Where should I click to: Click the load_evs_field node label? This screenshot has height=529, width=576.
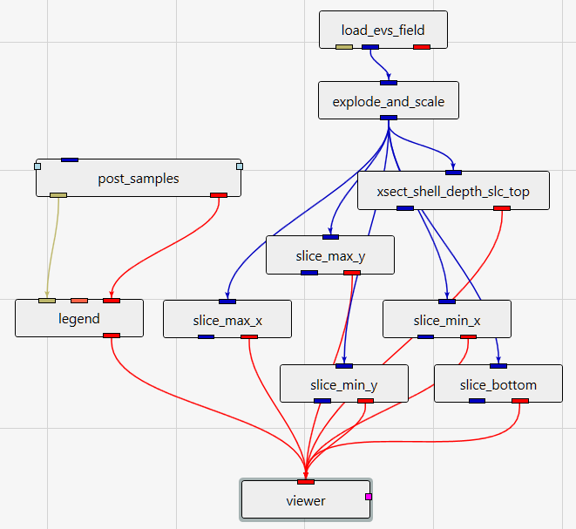(x=383, y=31)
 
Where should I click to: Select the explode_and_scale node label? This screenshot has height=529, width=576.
(x=389, y=102)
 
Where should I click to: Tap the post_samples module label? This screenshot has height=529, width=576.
(x=139, y=179)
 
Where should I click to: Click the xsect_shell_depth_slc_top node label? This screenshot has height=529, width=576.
(x=454, y=192)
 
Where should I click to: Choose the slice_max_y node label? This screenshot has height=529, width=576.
(x=330, y=255)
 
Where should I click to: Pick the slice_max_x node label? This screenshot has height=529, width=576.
(x=227, y=321)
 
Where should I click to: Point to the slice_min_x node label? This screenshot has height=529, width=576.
(x=447, y=321)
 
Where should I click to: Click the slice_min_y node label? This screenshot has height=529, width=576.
(x=344, y=384)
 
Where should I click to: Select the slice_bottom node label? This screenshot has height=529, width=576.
(x=498, y=384)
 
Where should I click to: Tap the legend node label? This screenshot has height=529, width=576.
(x=79, y=318)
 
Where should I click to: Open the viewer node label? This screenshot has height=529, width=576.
(x=306, y=500)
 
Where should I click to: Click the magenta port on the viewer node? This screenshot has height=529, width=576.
(x=369, y=496)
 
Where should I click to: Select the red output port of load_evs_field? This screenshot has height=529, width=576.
(x=422, y=46)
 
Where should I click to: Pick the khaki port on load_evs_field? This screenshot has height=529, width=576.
(x=344, y=46)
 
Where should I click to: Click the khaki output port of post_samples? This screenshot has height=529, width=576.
(x=58, y=195)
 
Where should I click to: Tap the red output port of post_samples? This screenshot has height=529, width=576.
(x=219, y=195)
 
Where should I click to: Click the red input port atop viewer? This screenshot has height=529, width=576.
(x=306, y=481)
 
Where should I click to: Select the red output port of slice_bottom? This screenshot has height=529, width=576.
(x=520, y=401)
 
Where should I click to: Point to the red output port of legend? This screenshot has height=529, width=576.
(x=112, y=336)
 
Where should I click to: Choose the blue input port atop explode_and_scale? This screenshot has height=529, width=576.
(x=389, y=83)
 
